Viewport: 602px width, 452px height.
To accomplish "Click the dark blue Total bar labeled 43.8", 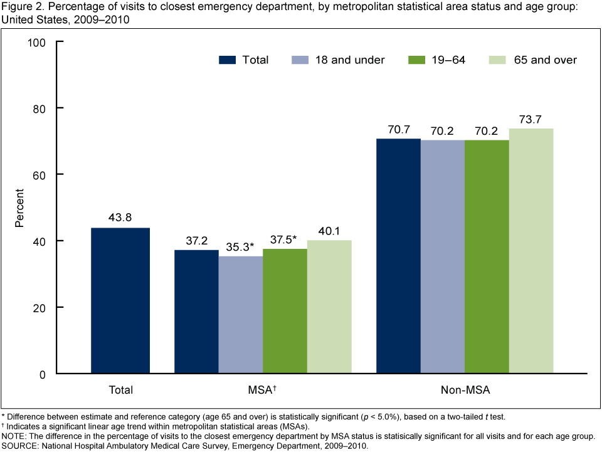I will tap(120, 301).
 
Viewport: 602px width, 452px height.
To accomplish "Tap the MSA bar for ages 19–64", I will tap(285, 311).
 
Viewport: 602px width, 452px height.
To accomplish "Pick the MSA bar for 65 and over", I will tap(329, 307).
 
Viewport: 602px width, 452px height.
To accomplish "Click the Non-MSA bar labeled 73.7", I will tap(531, 251).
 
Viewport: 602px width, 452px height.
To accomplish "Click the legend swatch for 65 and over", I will tap(495, 60).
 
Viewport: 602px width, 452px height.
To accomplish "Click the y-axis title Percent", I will tap(21, 208).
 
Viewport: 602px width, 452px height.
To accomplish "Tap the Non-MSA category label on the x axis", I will tap(465, 390).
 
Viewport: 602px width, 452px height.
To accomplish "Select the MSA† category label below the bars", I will tap(263, 390).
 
